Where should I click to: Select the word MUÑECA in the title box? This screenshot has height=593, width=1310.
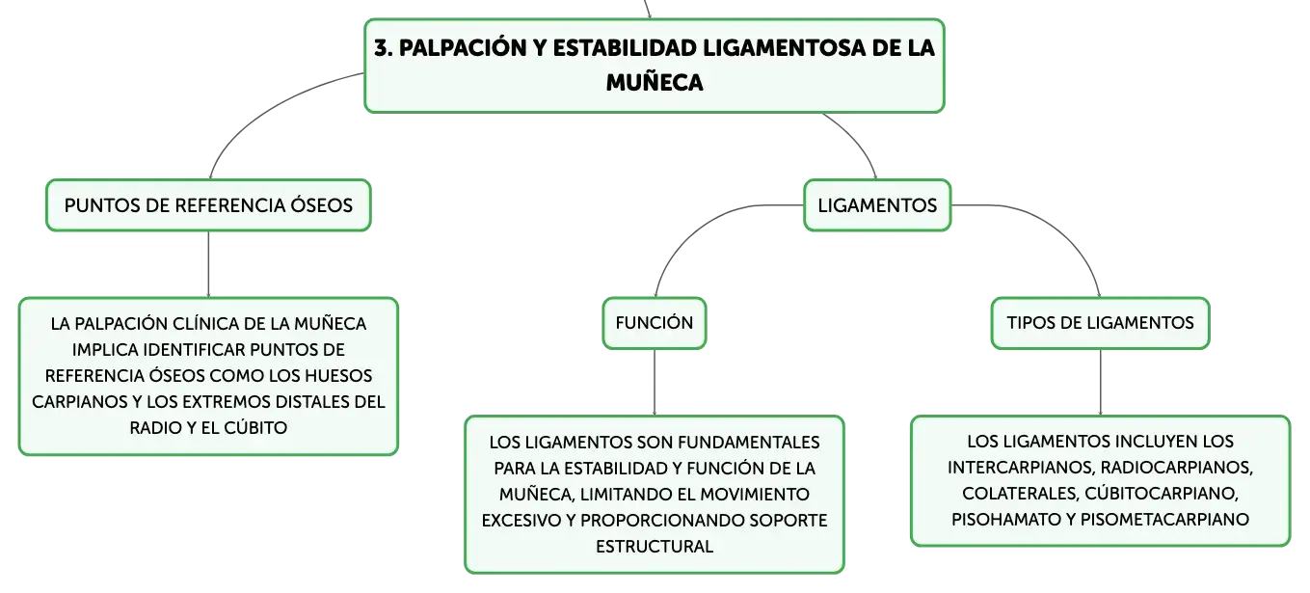pyautogui.click(x=655, y=83)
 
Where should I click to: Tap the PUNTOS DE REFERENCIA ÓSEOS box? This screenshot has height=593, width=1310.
pyautogui.click(x=208, y=205)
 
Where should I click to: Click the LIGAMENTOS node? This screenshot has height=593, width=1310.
pyautogui.click(x=877, y=205)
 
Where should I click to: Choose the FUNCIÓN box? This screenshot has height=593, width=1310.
pyautogui.click(x=655, y=323)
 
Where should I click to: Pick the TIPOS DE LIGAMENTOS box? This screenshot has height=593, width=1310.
pyautogui.click(x=1100, y=323)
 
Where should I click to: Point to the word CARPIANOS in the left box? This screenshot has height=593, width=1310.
pyautogui.click(x=78, y=402)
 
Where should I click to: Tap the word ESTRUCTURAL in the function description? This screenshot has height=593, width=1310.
pyautogui.click(x=655, y=546)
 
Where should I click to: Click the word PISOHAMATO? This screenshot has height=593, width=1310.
pyautogui.click(x=1003, y=520)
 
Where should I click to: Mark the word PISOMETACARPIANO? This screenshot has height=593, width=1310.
pyautogui.click(x=1164, y=520)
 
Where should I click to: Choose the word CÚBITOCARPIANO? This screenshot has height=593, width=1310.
pyautogui.click(x=1162, y=493)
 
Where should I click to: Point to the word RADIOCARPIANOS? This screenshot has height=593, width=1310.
pyautogui.click(x=1177, y=468)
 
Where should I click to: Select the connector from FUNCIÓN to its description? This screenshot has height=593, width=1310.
pyautogui.click(x=655, y=383)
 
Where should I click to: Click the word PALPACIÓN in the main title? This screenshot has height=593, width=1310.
pyautogui.click(x=463, y=48)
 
